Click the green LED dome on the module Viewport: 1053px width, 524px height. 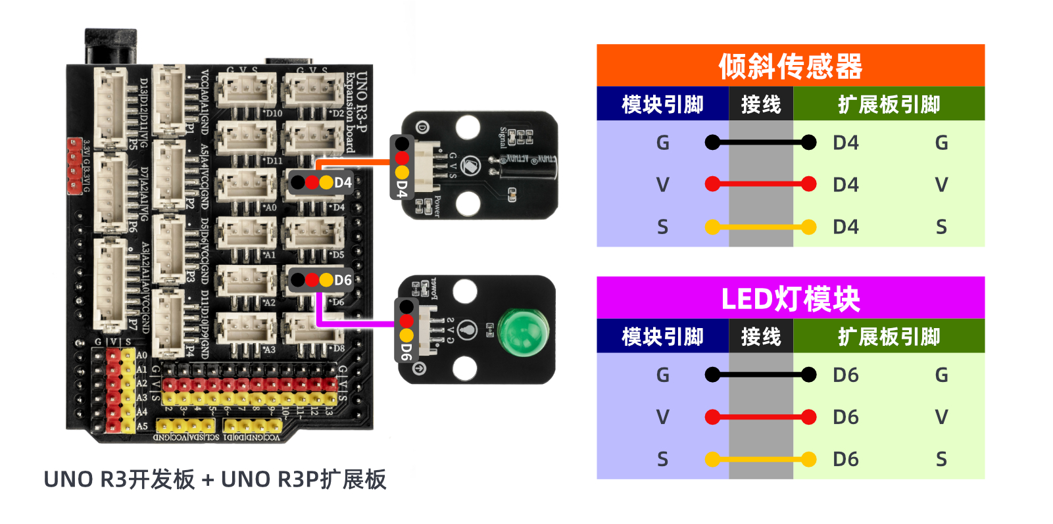[x=523, y=331]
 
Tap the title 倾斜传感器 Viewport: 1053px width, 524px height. [x=790, y=66]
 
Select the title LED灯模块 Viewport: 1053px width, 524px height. [x=790, y=298]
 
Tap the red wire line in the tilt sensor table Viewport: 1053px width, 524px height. [x=760, y=184]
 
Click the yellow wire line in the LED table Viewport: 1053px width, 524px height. [x=760, y=459]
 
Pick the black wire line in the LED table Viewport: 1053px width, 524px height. [x=760, y=375]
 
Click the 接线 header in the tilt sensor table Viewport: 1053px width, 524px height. [x=760, y=105]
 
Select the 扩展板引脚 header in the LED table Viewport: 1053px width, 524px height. [x=889, y=337]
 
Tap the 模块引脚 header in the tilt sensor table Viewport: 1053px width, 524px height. [x=662, y=105]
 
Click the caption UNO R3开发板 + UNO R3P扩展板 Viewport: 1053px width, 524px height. [x=214, y=479]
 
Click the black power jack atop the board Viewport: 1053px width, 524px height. [x=110, y=46]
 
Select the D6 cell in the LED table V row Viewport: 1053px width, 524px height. [x=845, y=417]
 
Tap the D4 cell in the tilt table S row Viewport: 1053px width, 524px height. [x=845, y=227]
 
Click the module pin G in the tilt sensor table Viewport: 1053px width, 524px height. [x=662, y=143]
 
